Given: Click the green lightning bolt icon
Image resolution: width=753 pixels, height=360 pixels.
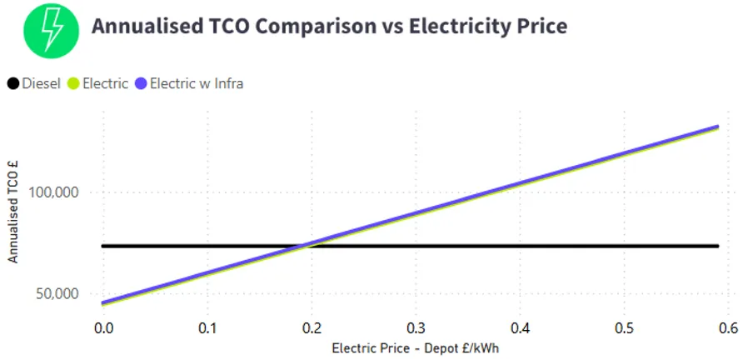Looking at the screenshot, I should click(x=51, y=27).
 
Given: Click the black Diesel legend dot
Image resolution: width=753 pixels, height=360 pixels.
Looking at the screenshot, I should click(x=13, y=83).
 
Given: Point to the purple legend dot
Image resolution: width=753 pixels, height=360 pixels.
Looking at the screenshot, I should click(x=141, y=83).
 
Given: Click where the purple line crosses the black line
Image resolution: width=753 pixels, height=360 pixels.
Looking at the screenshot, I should click(x=305, y=246).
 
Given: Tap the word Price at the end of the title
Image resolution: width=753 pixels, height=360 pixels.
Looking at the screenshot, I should click(x=539, y=26).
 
